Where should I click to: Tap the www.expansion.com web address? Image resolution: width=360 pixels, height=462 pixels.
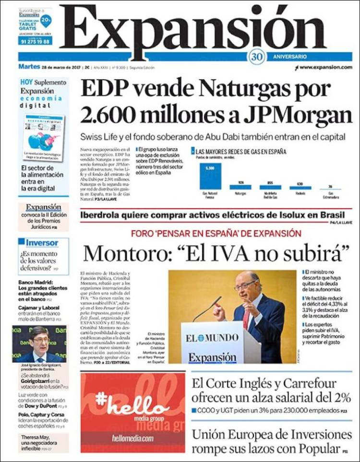pos(326,68)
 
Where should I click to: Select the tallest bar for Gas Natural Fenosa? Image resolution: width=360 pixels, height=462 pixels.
pos(209,176)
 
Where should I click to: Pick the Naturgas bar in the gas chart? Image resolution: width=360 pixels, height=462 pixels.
pos(240,187)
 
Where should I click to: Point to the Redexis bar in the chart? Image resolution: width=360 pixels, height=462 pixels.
pos(300,188)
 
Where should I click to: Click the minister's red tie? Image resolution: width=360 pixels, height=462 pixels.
pos(246,318)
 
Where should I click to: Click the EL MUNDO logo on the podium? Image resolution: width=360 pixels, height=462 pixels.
pos(212,338)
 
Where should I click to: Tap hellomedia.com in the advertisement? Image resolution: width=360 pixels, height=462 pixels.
pos(132,438)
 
